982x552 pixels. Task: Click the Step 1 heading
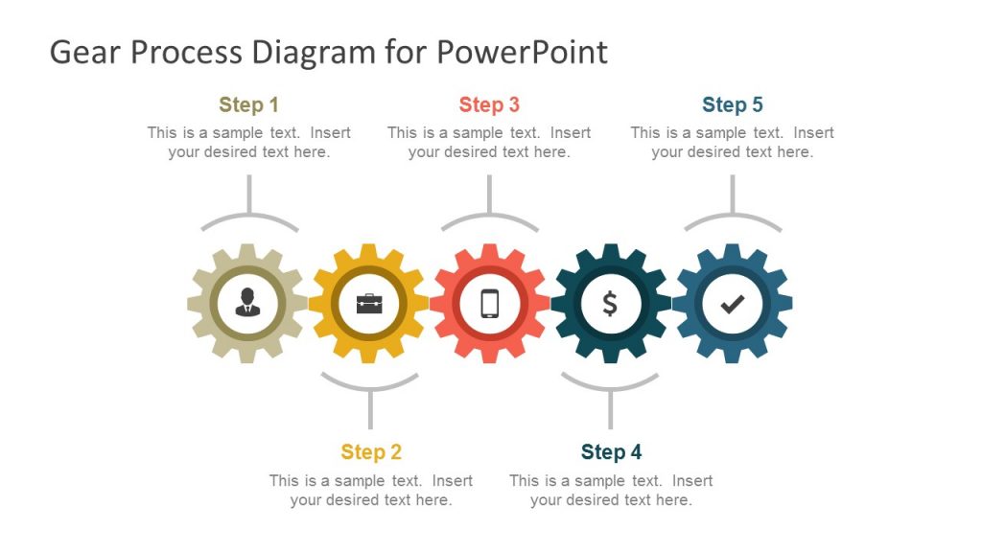point(248,104)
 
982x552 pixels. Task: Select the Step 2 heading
point(371,451)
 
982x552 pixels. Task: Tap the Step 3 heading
point(489,104)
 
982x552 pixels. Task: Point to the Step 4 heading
point(611,451)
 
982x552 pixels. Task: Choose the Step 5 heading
point(732,104)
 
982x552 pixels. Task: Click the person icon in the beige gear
point(247,303)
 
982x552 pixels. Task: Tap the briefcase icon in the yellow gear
point(369,304)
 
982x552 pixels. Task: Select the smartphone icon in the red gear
point(489,304)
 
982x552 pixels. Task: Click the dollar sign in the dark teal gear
point(610,304)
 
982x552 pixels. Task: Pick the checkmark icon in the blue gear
point(732,304)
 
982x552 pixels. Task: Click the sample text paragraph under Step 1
point(248,142)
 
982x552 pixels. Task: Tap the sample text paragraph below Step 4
point(611,490)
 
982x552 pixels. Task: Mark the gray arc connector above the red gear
point(489,219)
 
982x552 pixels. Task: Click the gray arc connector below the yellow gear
point(369,386)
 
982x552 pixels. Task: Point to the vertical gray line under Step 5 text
point(732,194)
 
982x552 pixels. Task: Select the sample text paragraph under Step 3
point(489,142)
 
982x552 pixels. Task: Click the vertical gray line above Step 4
point(610,410)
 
